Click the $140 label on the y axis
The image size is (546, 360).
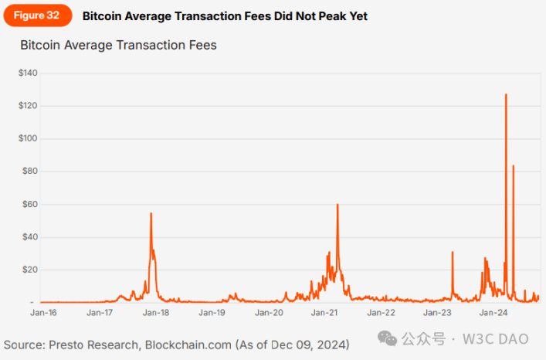(x=29, y=73)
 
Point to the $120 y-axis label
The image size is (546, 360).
(x=29, y=105)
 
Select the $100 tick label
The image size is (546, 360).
(x=29, y=138)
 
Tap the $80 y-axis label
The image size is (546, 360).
(x=30, y=171)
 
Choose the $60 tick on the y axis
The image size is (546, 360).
(x=30, y=204)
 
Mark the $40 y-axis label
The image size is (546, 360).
(x=30, y=236)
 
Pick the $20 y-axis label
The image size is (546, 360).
(x=30, y=270)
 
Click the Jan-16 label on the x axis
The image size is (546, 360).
(x=43, y=314)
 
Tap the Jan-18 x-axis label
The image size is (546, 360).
(x=157, y=314)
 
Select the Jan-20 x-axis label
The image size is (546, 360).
(x=269, y=314)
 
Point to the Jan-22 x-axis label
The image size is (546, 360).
(x=381, y=314)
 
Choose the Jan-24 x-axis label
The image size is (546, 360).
(x=493, y=314)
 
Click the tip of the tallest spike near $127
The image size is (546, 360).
(x=506, y=94)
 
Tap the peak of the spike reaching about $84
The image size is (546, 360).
(x=514, y=165)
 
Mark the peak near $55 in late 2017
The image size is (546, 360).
(x=151, y=213)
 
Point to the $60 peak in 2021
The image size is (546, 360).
(x=337, y=205)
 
